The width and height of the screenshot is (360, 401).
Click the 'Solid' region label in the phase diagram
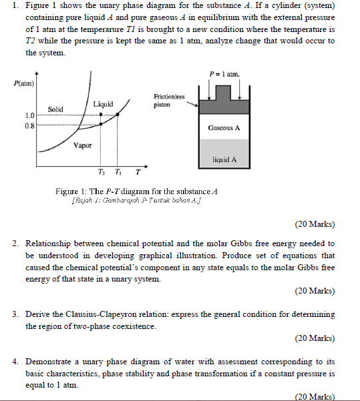(x=55, y=108)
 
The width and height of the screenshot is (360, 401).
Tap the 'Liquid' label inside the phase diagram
(x=103, y=103)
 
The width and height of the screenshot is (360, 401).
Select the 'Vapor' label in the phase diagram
(x=83, y=145)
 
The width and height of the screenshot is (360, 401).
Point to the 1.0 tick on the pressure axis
(x=31, y=115)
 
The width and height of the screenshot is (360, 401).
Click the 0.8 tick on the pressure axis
(x=31, y=125)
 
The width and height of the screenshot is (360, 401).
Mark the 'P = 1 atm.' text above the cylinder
(x=224, y=73)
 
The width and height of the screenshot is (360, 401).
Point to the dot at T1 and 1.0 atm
(x=118, y=114)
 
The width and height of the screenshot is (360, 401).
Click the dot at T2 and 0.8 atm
(x=101, y=124)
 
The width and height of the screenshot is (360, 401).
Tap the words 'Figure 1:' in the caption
(x=71, y=191)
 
